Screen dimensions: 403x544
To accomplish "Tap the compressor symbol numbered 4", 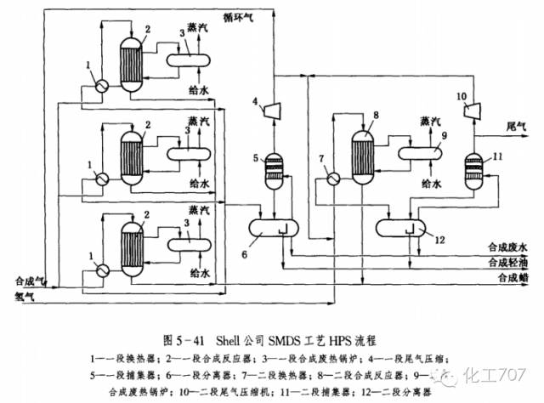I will [275, 108].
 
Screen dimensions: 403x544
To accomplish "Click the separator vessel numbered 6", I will [275, 227].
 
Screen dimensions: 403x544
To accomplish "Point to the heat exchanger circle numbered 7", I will [334, 179].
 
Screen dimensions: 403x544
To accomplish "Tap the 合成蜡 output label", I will [513, 277].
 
